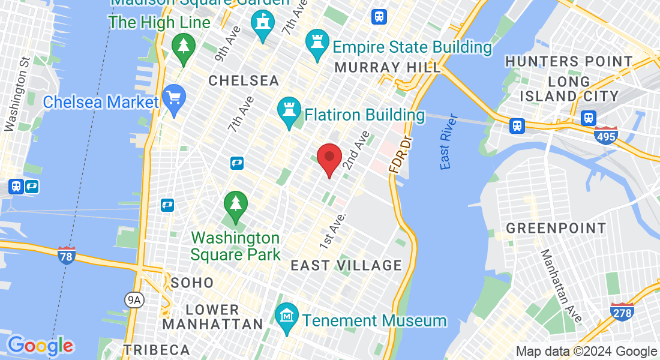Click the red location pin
(x=329, y=158)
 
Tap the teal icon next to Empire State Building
(x=317, y=44)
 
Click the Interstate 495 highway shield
(x=607, y=136)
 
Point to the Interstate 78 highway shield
(x=67, y=256)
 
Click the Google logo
(x=40, y=346)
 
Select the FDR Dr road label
(x=401, y=155)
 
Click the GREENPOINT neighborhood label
(x=556, y=229)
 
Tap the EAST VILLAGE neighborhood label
(x=346, y=265)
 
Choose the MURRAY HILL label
(x=387, y=67)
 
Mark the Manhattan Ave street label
(x=561, y=286)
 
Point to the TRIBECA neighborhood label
(x=156, y=350)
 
